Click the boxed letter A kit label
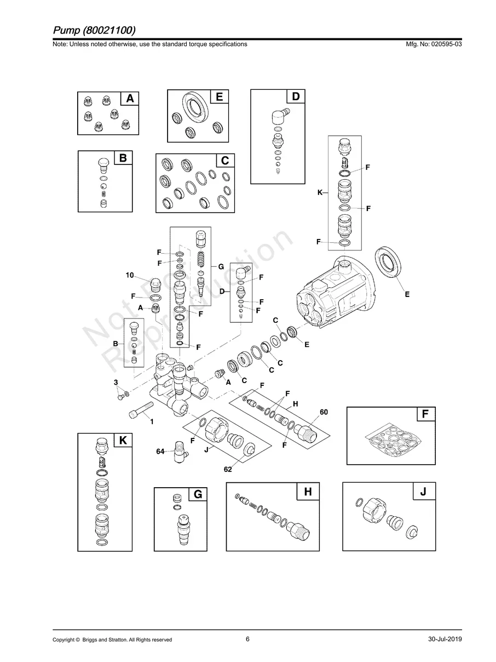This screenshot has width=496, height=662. tap(130, 98)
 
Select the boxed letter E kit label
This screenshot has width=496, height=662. tap(219, 96)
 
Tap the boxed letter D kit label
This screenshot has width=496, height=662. tap(296, 96)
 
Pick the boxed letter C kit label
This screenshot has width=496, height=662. tap(225, 161)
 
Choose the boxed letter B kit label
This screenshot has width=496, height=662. tap(123, 158)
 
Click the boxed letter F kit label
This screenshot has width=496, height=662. tap(425, 414)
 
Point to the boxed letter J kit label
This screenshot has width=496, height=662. tap(423, 491)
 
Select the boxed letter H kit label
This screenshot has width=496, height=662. tap(308, 492)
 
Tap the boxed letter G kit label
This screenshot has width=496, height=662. tap(198, 494)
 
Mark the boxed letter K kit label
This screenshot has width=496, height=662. tap(123, 440)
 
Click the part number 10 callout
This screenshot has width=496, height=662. tap(130, 275)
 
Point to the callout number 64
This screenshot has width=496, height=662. tap(160, 451)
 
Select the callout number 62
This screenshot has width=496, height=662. tap(228, 469)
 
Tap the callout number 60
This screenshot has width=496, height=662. tap(324, 412)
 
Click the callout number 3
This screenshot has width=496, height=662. tap(116, 383)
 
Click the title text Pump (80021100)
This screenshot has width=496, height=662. tap(94, 30)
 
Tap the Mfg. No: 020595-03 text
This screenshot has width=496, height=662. tap(434, 44)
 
